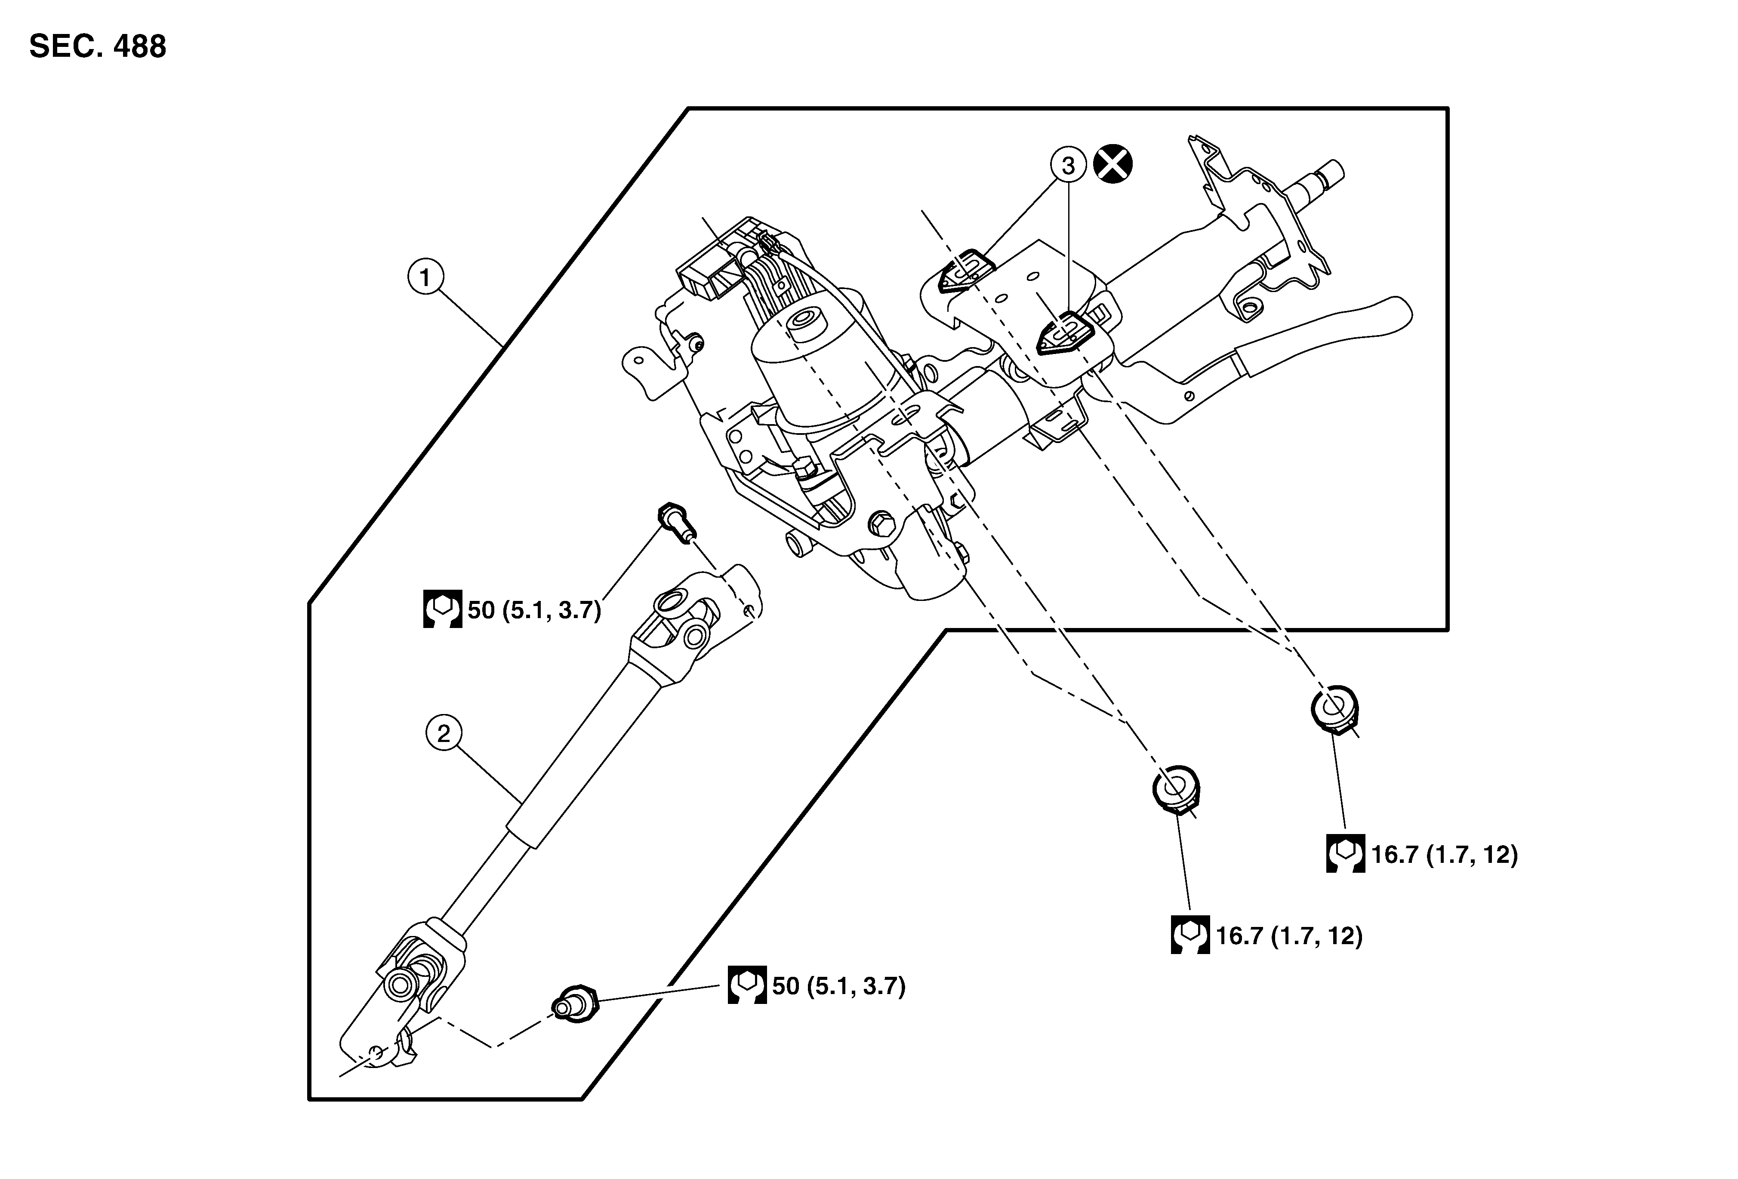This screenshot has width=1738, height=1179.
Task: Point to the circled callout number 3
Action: [1068, 165]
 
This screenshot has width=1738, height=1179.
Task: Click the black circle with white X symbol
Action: [1113, 164]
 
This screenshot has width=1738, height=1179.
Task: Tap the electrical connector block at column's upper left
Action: [707, 278]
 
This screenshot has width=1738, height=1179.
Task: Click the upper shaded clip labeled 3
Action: [965, 272]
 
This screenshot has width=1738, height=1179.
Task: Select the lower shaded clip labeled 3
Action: [1065, 333]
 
